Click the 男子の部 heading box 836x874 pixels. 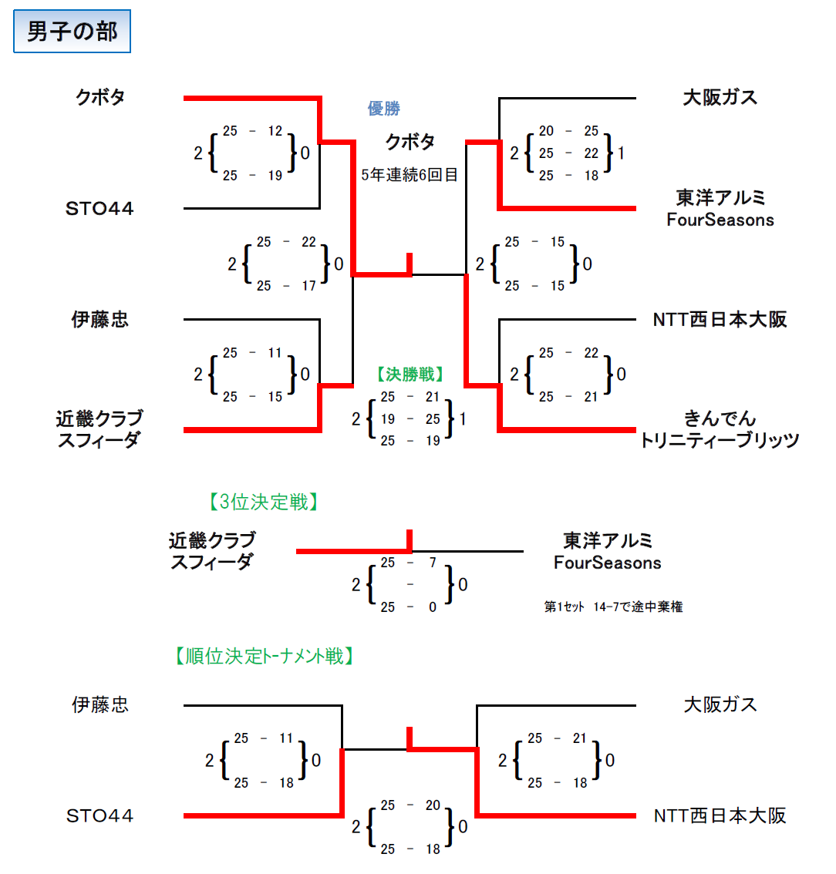click(72, 31)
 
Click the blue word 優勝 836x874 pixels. click(384, 108)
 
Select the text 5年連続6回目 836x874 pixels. click(410, 175)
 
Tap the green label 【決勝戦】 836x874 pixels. click(410, 374)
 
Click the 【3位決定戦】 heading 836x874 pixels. click(264, 503)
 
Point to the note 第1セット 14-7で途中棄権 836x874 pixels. click(613, 607)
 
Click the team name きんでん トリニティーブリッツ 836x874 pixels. click(720, 429)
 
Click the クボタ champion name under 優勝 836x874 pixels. click(410, 142)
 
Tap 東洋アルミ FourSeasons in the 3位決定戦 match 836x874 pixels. click(608, 551)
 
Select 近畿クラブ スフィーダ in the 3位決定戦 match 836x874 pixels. click(212, 551)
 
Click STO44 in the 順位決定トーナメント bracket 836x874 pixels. click(99, 816)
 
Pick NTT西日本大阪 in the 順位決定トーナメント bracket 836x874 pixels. click(720, 816)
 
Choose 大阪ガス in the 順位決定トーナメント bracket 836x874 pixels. click(720, 705)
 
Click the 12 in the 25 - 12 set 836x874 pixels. click(275, 131)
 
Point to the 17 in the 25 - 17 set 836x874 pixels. click(309, 286)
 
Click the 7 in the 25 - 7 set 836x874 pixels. click(433, 563)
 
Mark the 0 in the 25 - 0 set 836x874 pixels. click(433, 607)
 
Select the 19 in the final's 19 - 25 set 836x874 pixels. click(388, 419)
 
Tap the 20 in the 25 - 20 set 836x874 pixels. click(433, 805)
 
